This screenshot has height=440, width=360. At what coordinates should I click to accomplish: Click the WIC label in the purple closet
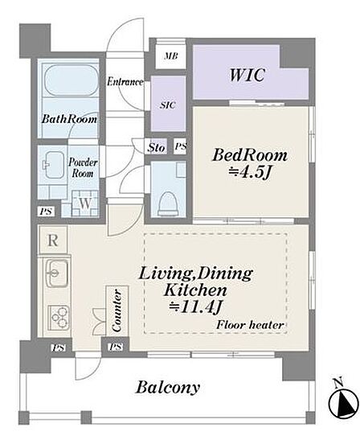point(247,75)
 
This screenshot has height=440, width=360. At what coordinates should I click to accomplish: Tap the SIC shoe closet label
point(168,105)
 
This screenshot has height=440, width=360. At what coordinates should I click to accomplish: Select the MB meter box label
point(171,56)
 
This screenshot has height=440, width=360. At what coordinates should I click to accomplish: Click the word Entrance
point(125,82)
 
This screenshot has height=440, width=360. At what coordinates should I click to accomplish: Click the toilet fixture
point(168,204)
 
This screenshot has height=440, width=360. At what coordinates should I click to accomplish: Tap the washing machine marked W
point(85,204)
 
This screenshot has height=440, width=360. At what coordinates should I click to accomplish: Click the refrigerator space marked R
point(53,241)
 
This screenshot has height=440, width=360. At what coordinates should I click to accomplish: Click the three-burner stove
point(59,318)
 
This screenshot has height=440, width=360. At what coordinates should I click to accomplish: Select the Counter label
point(117,310)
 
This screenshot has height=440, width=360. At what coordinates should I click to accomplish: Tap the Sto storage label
point(156,147)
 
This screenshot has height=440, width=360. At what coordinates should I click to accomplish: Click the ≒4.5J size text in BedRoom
point(249,173)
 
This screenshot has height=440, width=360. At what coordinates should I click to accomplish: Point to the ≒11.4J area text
point(195,307)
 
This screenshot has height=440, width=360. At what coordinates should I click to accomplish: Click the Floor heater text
point(250,325)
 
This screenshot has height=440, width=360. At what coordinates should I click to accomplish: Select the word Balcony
point(168,388)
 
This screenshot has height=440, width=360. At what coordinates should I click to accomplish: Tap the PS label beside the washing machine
point(46,211)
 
